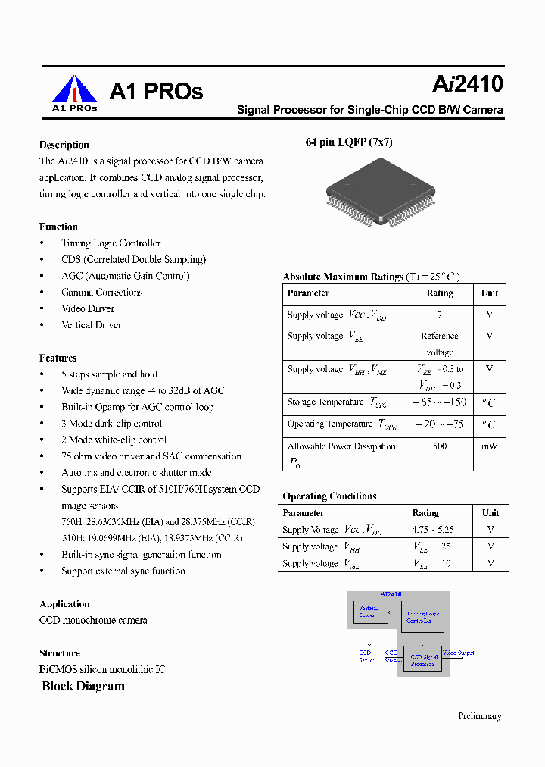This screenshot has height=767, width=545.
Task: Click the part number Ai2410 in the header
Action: click(468, 83)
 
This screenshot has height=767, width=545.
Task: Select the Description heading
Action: click(64, 145)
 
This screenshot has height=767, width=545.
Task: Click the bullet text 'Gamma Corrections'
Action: click(101, 293)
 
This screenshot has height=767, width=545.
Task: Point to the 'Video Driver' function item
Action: click(88, 308)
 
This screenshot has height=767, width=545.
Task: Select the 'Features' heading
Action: click(58, 358)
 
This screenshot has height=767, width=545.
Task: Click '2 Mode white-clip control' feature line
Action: click(114, 440)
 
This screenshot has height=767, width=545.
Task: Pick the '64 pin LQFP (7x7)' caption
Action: click(349, 142)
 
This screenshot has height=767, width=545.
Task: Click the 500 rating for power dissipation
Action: click(439, 446)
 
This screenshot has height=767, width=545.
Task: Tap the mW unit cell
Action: click(489, 446)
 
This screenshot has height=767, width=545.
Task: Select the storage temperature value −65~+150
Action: click(439, 402)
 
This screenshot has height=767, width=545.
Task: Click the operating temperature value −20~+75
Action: click(439, 424)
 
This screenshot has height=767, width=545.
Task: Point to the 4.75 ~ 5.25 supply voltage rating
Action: click(432, 530)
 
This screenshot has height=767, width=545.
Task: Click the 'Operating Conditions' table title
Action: click(329, 496)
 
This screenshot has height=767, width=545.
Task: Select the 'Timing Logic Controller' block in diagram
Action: click(422, 617)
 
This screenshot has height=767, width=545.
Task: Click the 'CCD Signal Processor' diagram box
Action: click(422, 660)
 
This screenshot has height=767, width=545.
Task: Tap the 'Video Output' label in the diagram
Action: click(458, 653)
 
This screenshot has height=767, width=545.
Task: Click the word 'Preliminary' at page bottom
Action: click(479, 716)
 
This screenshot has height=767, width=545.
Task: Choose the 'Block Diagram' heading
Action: click(83, 687)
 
